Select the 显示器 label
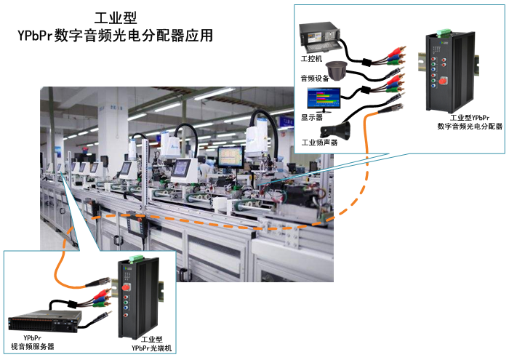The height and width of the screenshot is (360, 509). click(311, 116)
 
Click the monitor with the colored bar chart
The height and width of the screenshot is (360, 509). click(322, 98)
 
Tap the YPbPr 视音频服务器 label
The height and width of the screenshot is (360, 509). click(32, 342)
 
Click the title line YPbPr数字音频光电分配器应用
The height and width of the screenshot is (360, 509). click(116, 35)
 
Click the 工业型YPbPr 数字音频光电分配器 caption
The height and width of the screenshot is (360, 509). click(469, 121)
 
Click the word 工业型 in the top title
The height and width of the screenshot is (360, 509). click(116, 17)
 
